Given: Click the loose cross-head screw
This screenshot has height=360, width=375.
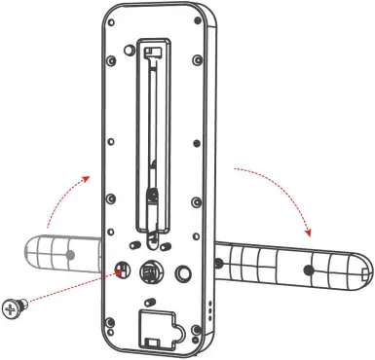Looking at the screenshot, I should pos(14,308).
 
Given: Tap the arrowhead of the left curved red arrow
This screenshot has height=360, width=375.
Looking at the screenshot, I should pos(91,178).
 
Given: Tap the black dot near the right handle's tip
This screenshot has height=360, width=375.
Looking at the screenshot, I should pos(311,270).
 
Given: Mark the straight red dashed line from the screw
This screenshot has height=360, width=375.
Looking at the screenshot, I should pos(68,291).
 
